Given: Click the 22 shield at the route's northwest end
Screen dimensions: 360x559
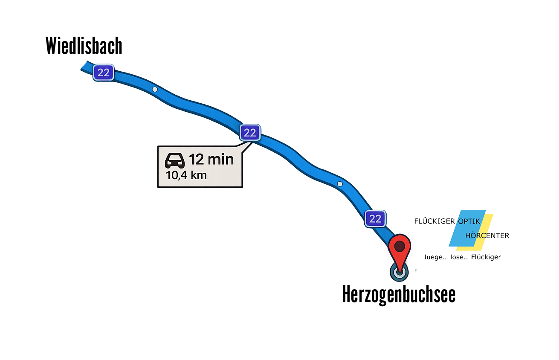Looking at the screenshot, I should click(x=103, y=73).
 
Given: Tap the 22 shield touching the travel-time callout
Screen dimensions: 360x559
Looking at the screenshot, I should click(x=250, y=133).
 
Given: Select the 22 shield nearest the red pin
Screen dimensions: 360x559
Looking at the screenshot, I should click(x=375, y=219).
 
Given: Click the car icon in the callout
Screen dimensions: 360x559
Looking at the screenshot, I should click(x=175, y=161).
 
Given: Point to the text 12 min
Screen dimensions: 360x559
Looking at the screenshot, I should click(x=211, y=160).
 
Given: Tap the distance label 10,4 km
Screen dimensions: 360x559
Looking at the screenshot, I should click(x=186, y=175).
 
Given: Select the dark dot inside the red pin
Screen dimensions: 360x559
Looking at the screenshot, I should click(x=399, y=246).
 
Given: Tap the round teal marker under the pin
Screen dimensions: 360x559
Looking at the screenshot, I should click(x=399, y=272).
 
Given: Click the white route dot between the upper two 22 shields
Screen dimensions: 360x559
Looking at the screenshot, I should click(x=155, y=89).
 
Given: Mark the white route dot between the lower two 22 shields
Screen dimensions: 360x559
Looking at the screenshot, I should click(x=340, y=184).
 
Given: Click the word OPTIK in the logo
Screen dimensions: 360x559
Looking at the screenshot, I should click(x=469, y=221).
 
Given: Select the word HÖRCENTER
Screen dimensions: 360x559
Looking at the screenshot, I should click(x=487, y=235).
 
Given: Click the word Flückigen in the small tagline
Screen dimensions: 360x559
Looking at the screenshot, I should click(x=487, y=257).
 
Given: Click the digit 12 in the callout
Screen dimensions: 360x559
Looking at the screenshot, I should click(x=196, y=160).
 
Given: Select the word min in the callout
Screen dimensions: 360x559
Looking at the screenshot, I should click(x=220, y=160).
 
